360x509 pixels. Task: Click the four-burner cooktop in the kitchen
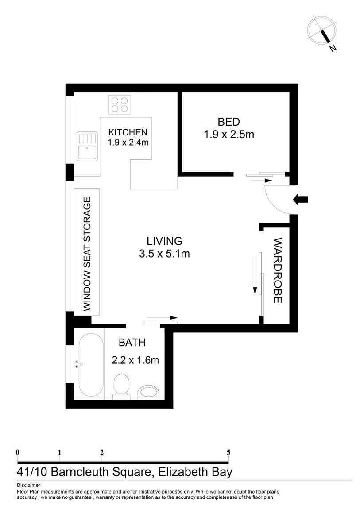(x=120, y=104)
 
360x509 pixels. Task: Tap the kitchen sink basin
(x=87, y=146)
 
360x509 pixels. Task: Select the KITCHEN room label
(x=128, y=132)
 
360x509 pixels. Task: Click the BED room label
(x=229, y=122)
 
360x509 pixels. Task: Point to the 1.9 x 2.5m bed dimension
(x=229, y=135)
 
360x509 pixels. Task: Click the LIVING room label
(x=164, y=241)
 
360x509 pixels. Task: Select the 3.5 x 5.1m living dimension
(x=164, y=254)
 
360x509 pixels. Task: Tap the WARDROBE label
(x=277, y=270)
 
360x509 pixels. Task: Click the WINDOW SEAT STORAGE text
(x=87, y=254)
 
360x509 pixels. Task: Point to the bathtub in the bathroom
(x=91, y=365)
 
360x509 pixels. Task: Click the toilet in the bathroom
(x=122, y=387)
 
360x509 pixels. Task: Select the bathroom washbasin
(x=149, y=393)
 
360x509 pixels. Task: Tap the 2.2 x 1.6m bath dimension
(x=135, y=360)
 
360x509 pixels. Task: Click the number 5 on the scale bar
(x=228, y=452)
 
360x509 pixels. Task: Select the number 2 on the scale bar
(x=102, y=452)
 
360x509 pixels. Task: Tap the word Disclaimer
(x=29, y=485)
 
